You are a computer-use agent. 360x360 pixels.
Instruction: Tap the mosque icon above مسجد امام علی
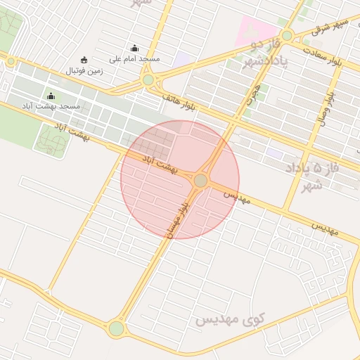pos(134,49)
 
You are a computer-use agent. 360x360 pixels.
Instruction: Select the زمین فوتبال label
pos(84,70)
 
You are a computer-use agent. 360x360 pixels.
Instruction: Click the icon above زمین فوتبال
pos(84,60)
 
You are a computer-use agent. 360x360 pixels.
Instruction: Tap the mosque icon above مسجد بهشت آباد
pos(51,96)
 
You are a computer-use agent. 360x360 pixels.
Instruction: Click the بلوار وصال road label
pos(331,105)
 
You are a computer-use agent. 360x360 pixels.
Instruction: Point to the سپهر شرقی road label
pos(330,27)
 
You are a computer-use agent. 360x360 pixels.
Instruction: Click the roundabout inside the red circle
pos(200,181)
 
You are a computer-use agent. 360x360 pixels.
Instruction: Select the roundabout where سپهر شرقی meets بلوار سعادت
pos(286,35)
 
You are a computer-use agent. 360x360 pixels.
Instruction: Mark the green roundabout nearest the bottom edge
pos(116,328)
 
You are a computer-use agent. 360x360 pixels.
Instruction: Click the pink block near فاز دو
pos(257,29)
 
